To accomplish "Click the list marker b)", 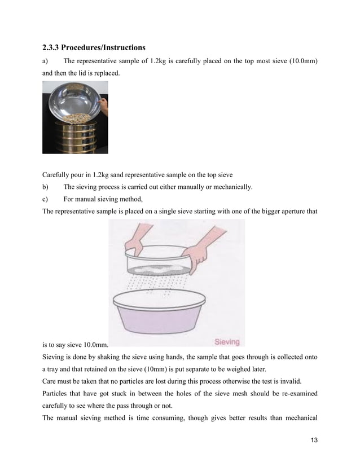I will pos(46,187).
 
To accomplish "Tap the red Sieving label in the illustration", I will pos(226,341).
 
